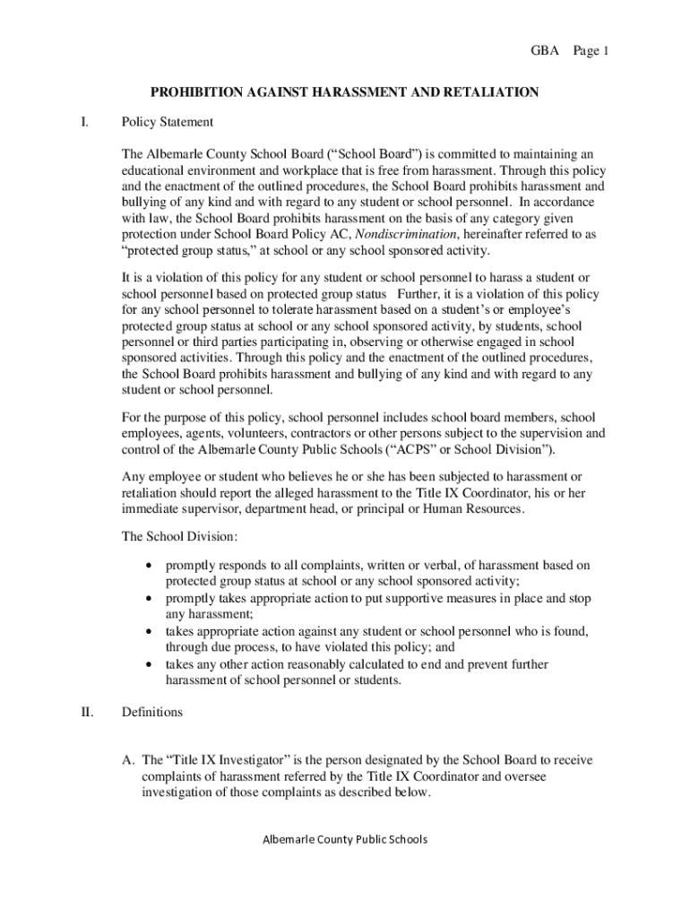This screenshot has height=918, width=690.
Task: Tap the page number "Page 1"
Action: pos(591,51)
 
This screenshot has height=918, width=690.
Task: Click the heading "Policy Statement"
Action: pos(168,121)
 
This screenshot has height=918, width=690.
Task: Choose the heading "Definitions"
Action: pos(152,713)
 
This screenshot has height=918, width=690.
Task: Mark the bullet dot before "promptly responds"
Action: pos(149,566)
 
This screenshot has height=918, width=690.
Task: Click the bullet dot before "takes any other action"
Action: pos(149,664)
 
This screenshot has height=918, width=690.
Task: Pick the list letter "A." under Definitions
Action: pos(129,761)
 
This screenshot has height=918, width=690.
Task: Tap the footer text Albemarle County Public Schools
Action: pos(345,839)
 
